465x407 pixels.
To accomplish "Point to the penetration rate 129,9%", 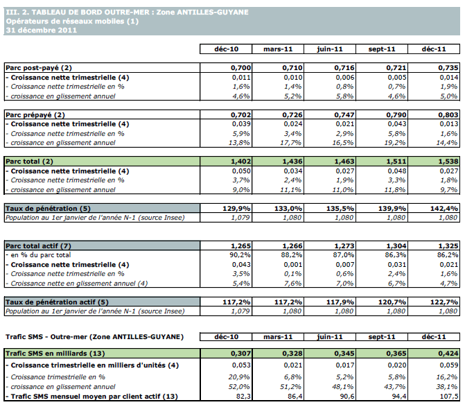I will pos(225,208).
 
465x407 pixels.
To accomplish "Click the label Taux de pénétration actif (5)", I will pos(57,302).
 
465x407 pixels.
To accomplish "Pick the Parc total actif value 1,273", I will pos(333,245).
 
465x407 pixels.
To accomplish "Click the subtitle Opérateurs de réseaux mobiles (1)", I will pos(72,21).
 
